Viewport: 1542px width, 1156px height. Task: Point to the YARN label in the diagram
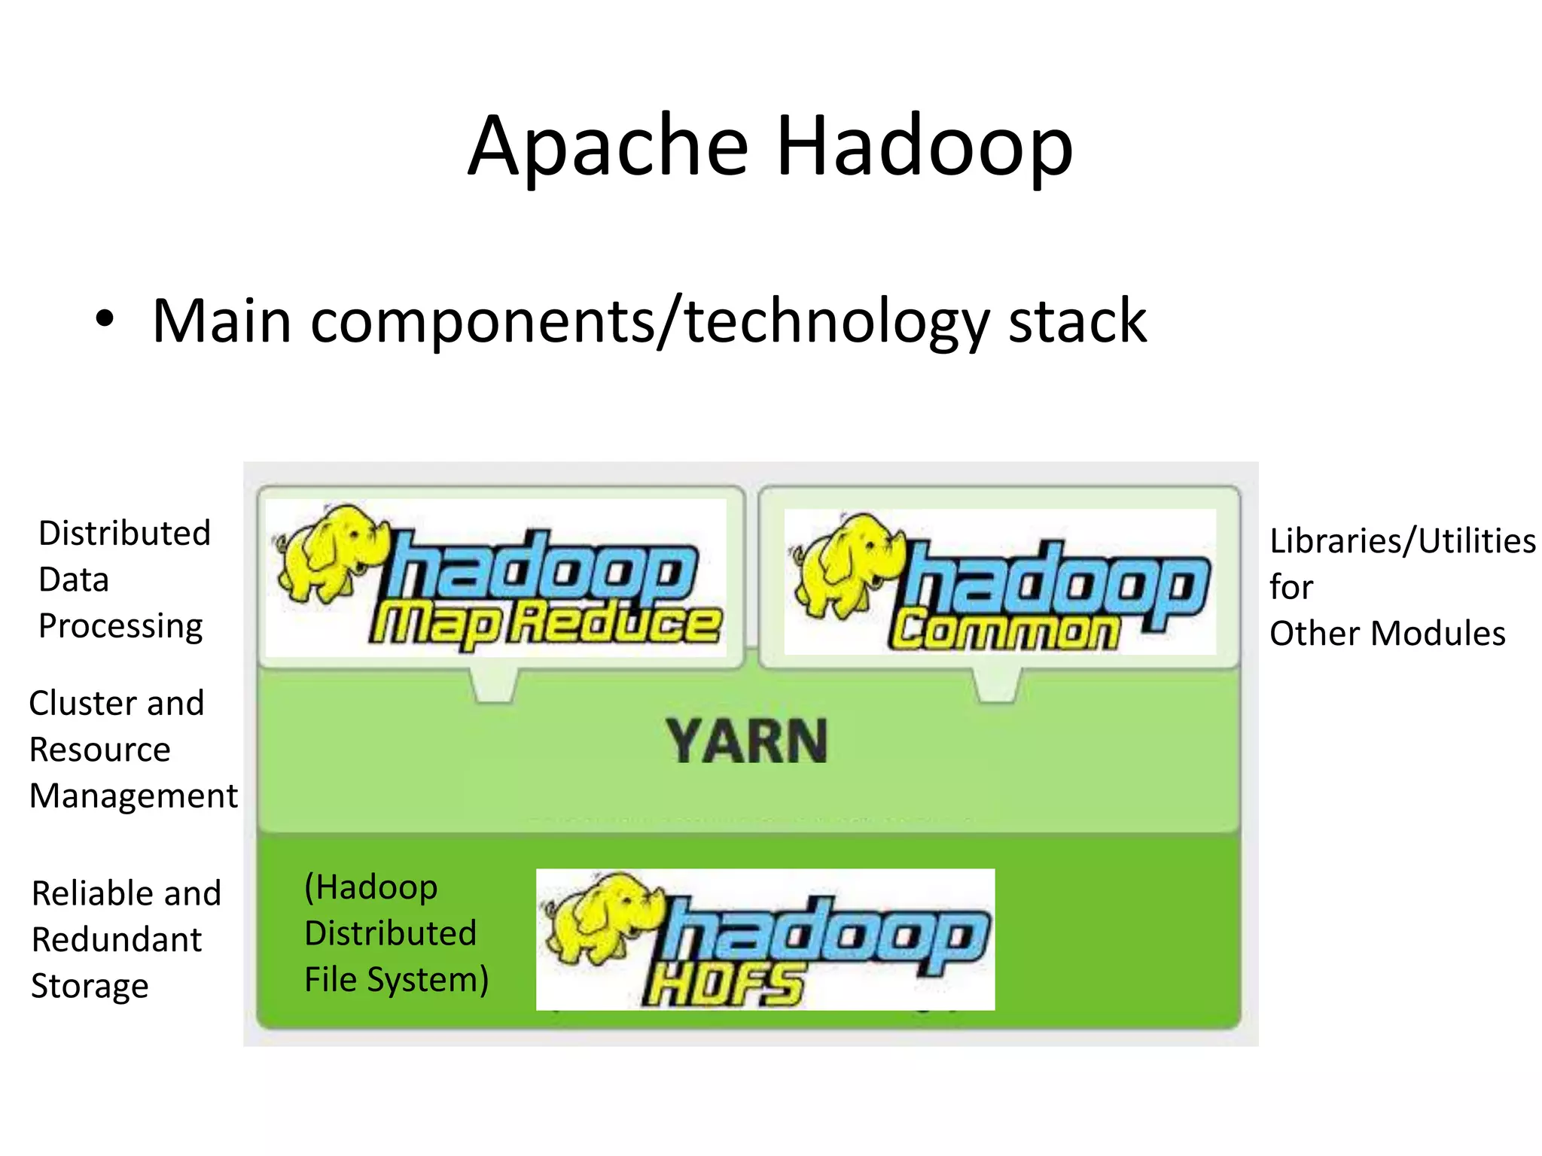click(x=746, y=742)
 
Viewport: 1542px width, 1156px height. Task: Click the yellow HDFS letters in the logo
click(x=725, y=984)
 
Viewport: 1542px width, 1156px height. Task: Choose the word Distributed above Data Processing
click(x=124, y=533)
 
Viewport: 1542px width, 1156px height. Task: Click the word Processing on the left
click(x=120, y=626)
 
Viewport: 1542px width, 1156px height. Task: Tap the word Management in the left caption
click(x=133, y=796)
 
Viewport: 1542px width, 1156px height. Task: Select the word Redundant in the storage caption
click(x=117, y=940)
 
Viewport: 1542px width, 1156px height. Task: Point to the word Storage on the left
click(x=90, y=987)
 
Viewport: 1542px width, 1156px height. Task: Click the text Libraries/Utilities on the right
click(x=1402, y=540)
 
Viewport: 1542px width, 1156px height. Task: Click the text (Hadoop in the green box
click(x=370, y=887)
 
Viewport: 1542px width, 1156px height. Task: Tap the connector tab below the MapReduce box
click(x=494, y=685)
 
